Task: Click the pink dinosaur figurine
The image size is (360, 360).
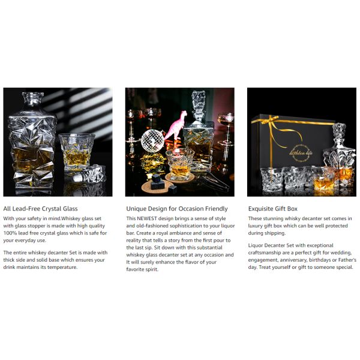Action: click(176, 126)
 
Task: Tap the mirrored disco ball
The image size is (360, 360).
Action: click(152, 140)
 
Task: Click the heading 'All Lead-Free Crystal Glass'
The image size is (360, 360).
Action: click(40, 209)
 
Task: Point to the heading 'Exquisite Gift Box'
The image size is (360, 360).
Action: click(273, 209)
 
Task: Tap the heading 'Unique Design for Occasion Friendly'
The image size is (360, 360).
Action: click(177, 209)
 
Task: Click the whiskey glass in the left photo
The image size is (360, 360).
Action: click(77, 152)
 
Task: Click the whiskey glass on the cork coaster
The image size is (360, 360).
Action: click(180, 164)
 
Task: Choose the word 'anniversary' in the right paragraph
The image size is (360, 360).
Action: click(291, 260)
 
